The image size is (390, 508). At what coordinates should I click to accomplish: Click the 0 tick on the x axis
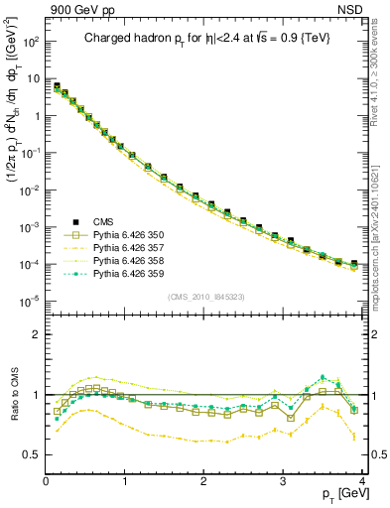point(46,481)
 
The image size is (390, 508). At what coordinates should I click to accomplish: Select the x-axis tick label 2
point(203,481)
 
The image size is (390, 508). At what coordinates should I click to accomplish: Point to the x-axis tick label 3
point(282,481)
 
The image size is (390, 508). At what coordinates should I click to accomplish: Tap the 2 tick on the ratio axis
point(37,334)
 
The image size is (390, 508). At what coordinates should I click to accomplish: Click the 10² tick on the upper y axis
point(30,42)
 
